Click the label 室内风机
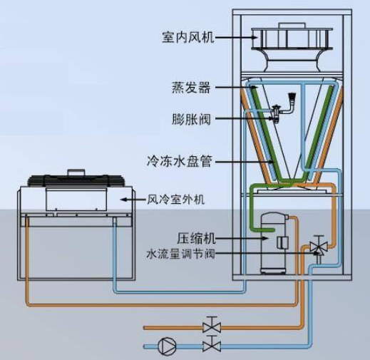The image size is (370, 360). pyautogui.click(x=188, y=37)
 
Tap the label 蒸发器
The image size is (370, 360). pyautogui.click(x=191, y=88)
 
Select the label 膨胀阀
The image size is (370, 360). pyautogui.click(x=191, y=119)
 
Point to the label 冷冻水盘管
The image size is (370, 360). pyautogui.click(x=180, y=162)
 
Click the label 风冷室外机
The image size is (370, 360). pyautogui.click(x=175, y=200)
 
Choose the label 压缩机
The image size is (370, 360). pyautogui.click(x=196, y=238)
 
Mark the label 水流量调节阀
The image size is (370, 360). pyautogui.click(x=180, y=254)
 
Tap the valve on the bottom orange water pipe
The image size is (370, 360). pyautogui.click(x=212, y=324)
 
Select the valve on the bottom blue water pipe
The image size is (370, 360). pyautogui.click(x=212, y=344)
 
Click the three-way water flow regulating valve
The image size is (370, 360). pyautogui.click(x=319, y=248)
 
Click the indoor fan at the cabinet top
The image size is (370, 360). pyautogui.click(x=292, y=48)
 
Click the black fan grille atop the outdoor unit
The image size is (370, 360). pyautogui.click(x=76, y=180)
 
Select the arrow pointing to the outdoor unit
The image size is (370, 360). pyautogui.click(x=133, y=200)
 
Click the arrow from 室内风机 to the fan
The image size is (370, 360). pyautogui.click(x=236, y=37)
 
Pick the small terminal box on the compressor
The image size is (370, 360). pyautogui.click(x=282, y=243)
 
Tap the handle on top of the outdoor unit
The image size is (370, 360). pyautogui.click(x=76, y=172)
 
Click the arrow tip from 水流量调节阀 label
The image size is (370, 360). pyautogui.click(x=319, y=253)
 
